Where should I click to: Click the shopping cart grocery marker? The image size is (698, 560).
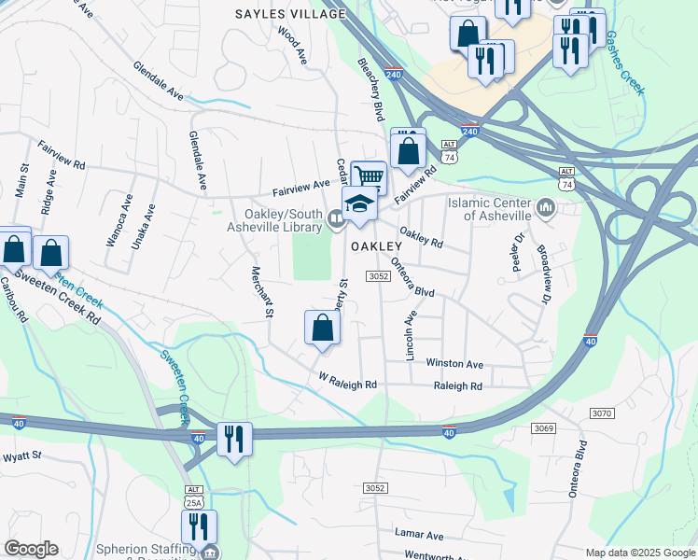pyautogui.click(x=370, y=175)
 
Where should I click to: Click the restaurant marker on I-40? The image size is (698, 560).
pyautogui.click(x=234, y=438)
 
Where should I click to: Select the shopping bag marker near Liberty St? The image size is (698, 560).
pyautogui.click(x=322, y=328)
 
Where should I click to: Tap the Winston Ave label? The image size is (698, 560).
pyautogui.click(x=454, y=363)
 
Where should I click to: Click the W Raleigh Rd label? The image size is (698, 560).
pyautogui.click(x=347, y=384)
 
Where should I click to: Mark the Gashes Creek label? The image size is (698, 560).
pyautogui.click(x=624, y=62)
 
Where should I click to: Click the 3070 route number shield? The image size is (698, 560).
pyautogui.click(x=601, y=412)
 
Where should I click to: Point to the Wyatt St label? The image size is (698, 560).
pyautogui.click(x=22, y=455)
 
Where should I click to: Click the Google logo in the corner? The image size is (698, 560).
pyautogui.click(x=30, y=549)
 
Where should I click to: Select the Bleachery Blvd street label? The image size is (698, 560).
pyautogui.click(x=370, y=90)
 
